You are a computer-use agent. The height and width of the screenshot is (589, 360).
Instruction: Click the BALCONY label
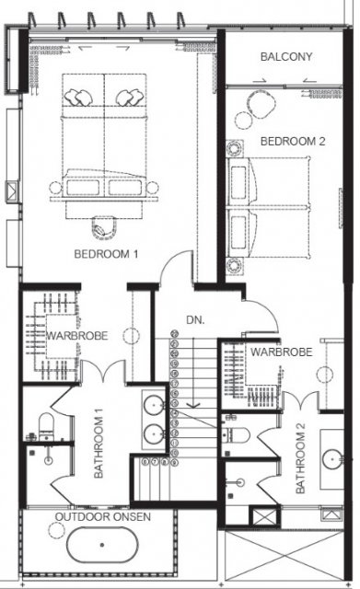click(x=286, y=57)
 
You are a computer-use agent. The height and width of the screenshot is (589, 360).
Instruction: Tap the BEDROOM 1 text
click(x=107, y=254)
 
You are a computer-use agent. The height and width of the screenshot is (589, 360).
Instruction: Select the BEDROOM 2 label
click(x=293, y=142)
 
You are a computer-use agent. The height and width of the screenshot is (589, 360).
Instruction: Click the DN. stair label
click(x=195, y=320)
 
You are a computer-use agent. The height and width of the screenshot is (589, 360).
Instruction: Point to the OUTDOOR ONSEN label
click(x=103, y=517)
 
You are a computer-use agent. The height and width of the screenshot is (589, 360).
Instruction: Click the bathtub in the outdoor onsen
click(x=102, y=545)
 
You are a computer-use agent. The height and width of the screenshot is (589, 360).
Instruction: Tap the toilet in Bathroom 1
click(x=46, y=427)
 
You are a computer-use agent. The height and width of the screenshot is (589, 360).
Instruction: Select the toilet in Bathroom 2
click(x=236, y=435)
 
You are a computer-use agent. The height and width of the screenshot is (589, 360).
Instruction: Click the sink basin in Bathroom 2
click(x=332, y=458)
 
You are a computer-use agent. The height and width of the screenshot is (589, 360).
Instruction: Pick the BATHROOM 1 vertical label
click(x=99, y=444)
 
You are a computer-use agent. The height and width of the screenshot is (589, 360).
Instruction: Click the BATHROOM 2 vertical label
click(x=301, y=458)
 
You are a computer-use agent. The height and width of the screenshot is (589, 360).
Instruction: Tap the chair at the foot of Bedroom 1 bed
click(x=104, y=227)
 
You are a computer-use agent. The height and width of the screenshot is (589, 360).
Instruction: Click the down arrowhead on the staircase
click(x=193, y=405)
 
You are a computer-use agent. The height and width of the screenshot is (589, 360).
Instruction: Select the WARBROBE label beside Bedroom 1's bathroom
click(x=77, y=335)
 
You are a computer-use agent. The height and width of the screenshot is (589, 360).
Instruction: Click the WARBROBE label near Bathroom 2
click(x=282, y=352)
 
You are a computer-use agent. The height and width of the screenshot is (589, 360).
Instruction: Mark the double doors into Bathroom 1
click(x=102, y=372)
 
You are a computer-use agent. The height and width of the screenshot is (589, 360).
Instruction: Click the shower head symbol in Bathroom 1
click(x=49, y=459)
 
